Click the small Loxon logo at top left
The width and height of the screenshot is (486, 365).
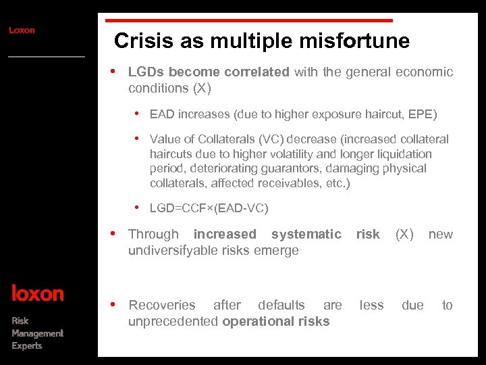point(22,30)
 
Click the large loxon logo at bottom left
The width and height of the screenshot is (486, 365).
point(38,293)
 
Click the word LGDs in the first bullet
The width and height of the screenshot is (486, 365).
point(146,72)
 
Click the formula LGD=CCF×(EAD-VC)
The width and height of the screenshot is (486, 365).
point(209,208)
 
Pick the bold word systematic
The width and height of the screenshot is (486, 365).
point(306,235)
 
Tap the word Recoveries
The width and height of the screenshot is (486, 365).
point(162,306)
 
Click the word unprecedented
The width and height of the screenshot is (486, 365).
point(173,322)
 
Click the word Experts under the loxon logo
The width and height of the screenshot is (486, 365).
point(26,346)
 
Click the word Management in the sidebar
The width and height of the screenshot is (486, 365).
point(37,333)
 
